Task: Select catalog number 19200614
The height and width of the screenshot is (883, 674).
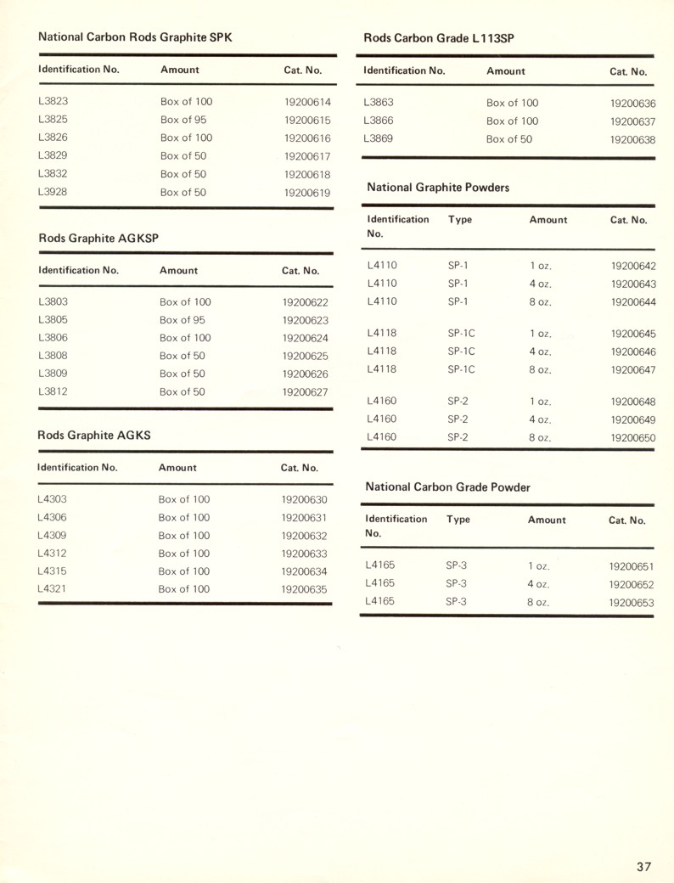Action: (x=307, y=102)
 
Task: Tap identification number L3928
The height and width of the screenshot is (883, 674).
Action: (x=53, y=192)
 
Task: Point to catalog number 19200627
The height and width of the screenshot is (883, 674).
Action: (x=305, y=392)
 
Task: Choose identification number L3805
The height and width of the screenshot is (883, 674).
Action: (x=53, y=320)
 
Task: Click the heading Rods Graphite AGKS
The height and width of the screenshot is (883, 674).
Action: (x=94, y=436)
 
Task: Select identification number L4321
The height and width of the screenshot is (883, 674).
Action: (x=53, y=588)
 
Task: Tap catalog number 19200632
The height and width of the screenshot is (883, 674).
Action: (x=304, y=536)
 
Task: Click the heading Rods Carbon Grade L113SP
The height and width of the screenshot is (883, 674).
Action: (x=439, y=37)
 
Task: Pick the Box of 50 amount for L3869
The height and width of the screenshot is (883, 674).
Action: (x=509, y=139)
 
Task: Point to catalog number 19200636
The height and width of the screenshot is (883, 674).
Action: (x=632, y=104)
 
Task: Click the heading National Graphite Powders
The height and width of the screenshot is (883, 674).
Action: (x=438, y=187)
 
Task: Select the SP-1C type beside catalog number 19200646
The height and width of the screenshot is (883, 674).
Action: (x=461, y=351)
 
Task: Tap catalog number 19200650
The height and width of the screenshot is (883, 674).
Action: (x=633, y=437)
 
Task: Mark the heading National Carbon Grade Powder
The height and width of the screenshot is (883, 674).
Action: (x=447, y=487)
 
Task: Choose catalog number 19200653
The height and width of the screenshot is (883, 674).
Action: (x=632, y=603)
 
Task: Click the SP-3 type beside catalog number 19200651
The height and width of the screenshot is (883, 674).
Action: (x=458, y=565)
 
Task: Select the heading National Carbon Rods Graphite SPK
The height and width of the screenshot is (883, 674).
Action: (x=134, y=37)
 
